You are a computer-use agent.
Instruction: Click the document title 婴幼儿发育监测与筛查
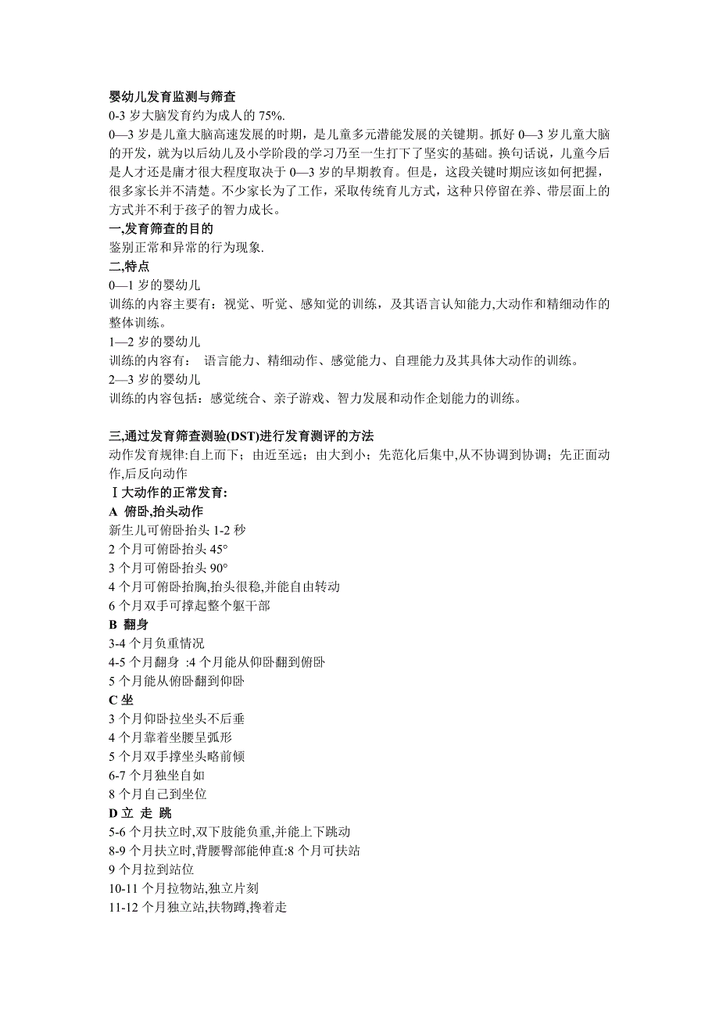click(x=172, y=98)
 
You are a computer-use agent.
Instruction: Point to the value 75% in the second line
click(x=270, y=116)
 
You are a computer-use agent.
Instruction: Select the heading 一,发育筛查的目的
click(x=161, y=229)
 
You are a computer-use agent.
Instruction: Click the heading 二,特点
click(x=129, y=267)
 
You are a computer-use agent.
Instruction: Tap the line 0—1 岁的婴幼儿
click(x=155, y=285)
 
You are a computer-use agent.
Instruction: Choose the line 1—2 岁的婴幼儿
click(x=155, y=342)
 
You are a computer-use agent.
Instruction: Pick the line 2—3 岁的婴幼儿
click(x=155, y=379)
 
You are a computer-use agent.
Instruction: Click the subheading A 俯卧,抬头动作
click(x=156, y=511)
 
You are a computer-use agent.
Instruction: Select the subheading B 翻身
click(x=128, y=624)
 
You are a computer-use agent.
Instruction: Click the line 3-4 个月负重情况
click(x=156, y=643)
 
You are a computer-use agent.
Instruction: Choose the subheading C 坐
click(x=121, y=699)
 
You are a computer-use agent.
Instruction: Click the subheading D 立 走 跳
click(x=141, y=812)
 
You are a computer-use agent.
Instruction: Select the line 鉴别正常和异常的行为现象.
click(x=187, y=248)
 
